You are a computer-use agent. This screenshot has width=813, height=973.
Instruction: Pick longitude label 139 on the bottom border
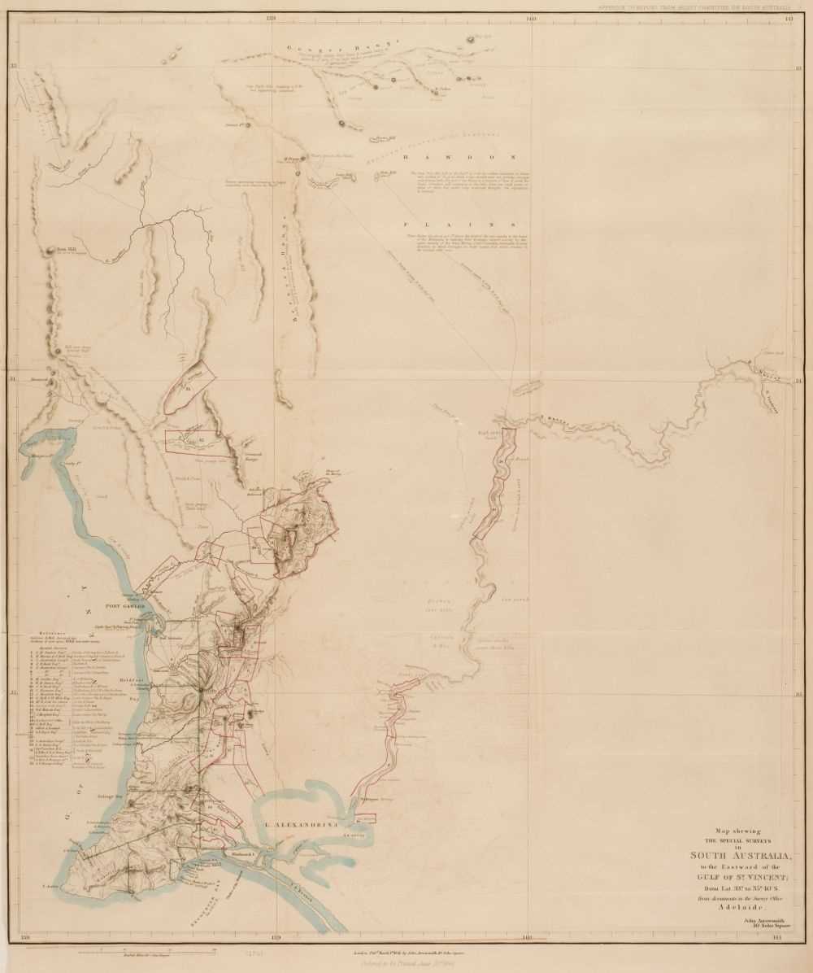click(x=276, y=938)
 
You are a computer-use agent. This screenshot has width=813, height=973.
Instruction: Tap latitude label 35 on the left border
click(x=12, y=694)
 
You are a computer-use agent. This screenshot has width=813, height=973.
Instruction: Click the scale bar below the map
click(x=146, y=949)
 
